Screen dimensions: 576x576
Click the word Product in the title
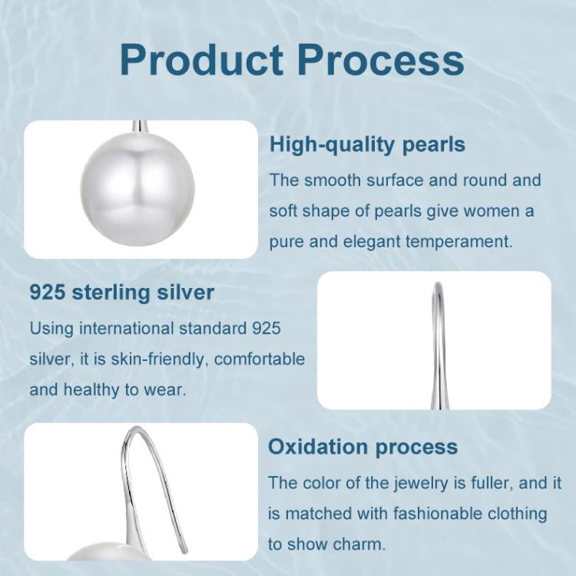[x=201, y=59]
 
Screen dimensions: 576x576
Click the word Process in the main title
[x=381, y=59]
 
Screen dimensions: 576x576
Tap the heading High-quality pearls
[x=367, y=144]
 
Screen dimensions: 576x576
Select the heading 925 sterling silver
[x=121, y=293]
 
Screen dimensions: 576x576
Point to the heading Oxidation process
[x=362, y=447]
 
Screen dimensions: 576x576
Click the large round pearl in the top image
[x=137, y=189]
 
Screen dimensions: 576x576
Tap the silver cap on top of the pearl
[x=141, y=127]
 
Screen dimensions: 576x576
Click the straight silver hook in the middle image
[x=438, y=346]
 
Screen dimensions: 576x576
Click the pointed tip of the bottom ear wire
[x=185, y=551]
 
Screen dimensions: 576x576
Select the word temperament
[x=458, y=242]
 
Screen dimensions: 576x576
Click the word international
[x=127, y=329]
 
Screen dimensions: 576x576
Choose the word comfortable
[x=260, y=359]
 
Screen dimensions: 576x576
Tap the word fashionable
[x=438, y=514]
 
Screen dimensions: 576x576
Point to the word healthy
[x=91, y=390]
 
